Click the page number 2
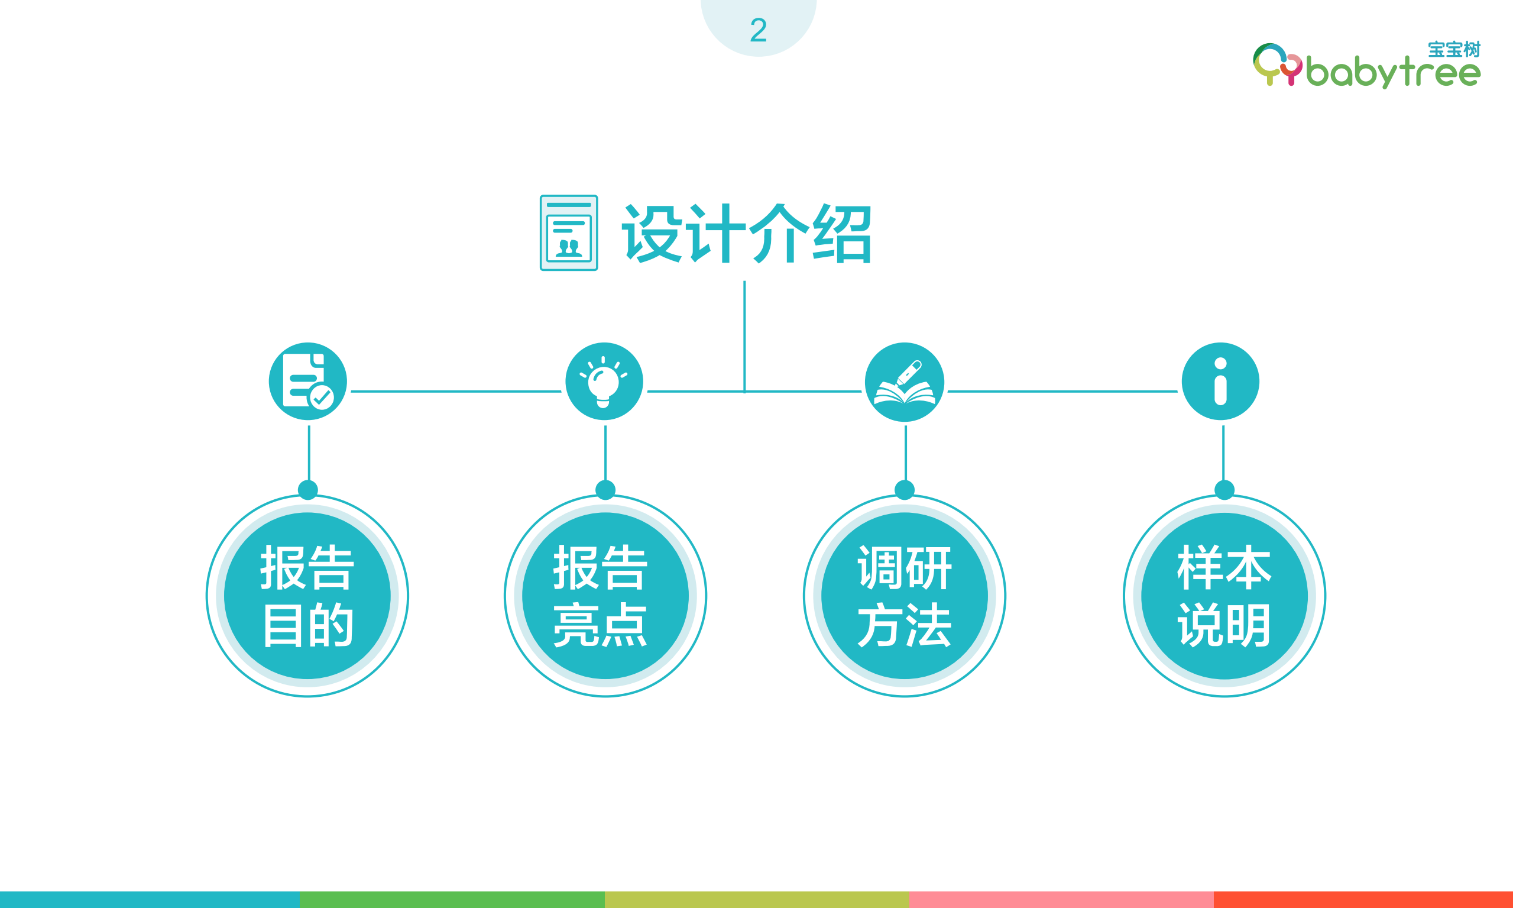coord(759,30)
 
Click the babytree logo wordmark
coord(1393,73)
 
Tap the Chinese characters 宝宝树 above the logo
coord(1454,50)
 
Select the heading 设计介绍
coord(747,234)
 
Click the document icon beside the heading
coord(569,233)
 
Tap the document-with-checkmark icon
coord(307,381)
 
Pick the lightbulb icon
coord(604,381)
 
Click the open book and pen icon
coord(905,382)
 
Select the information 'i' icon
coord(1220,381)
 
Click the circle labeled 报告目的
coord(307,595)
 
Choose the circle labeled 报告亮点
coord(605,595)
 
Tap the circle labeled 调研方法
coord(905,595)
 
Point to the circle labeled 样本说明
coord(1224,595)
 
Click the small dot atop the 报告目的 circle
coord(307,489)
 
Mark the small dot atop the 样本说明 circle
coord(1224,489)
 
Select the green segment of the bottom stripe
coord(452,900)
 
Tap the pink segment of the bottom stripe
coord(1061,900)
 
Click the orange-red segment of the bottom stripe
coord(1363,900)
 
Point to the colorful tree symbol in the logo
coord(1277,65)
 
